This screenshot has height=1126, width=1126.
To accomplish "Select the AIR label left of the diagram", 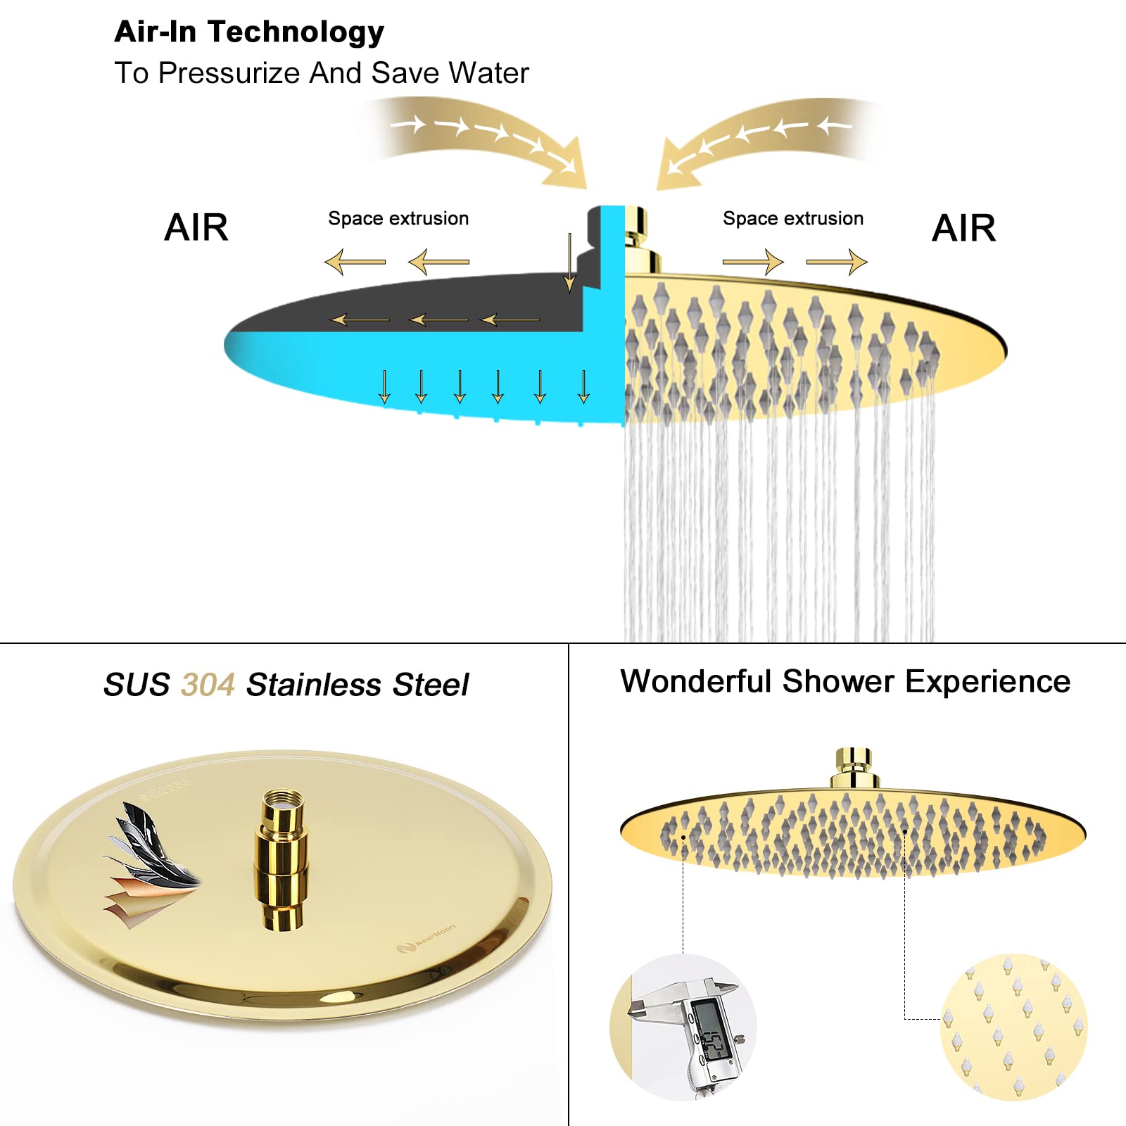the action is [x=196, y=227].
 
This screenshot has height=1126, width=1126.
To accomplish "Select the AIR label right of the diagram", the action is [x=963, y=228].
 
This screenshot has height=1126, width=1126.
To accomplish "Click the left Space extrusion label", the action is [x=398, y=219].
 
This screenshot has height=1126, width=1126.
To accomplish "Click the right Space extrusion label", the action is [x=793, y=219].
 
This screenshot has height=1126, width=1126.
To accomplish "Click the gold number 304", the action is [x=208, y=685].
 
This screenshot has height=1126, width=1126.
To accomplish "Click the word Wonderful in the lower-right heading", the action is [x=697, y=681].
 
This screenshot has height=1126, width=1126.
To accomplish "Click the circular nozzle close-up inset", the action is [x=1013, y=1027].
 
